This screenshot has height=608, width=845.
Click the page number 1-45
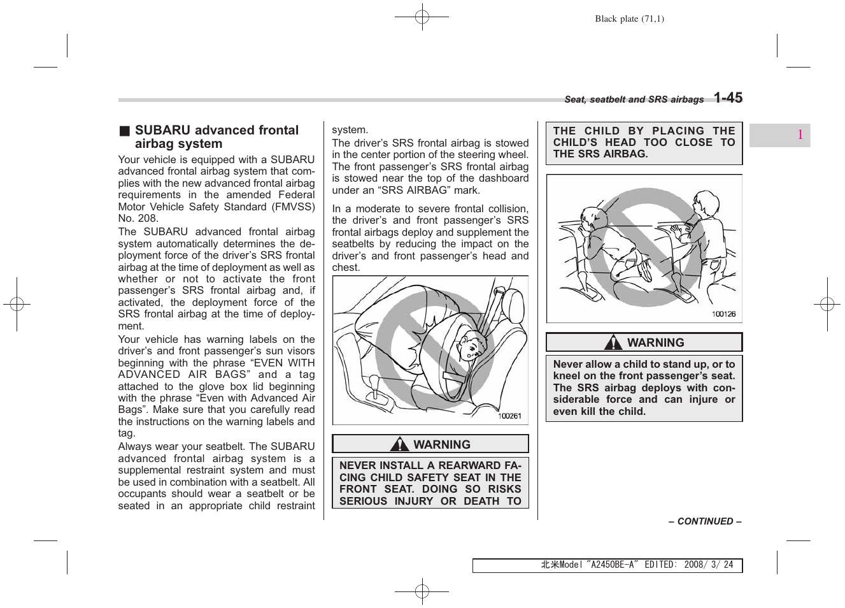(727, 98)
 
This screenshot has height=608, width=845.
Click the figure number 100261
(509, 416)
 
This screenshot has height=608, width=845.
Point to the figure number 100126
(723, 314)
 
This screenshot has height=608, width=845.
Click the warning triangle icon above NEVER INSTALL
(400, 444)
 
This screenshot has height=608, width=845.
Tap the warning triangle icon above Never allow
(614, 343)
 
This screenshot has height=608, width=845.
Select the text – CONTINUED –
(704, 521)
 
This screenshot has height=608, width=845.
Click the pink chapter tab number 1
(800, 135)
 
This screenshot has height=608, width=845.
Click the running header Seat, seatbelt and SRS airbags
(634, 100)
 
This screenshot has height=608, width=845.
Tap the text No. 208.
(138, 219)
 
